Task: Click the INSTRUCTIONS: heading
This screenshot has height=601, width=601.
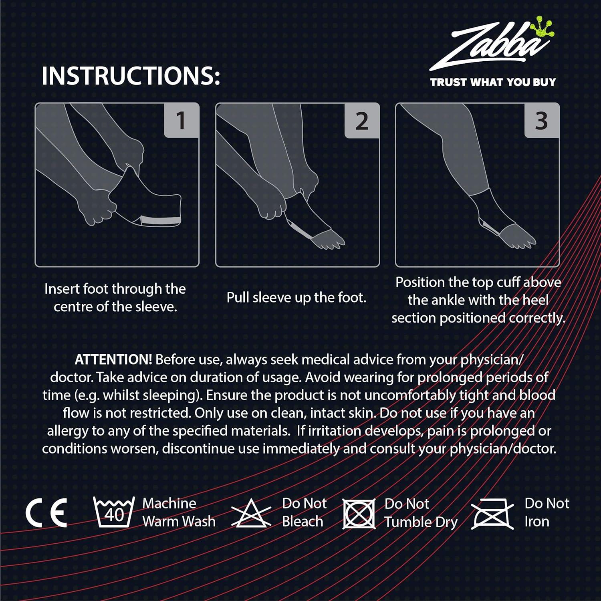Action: tap(131, 75)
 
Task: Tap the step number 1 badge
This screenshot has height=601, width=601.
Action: tap(181, 120)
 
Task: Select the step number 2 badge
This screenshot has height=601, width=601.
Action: tap(361, 120)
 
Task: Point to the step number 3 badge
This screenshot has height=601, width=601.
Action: tap(541, 120)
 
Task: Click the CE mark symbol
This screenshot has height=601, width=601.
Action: tap(46, 513)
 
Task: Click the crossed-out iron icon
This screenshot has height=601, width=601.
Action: tap(492, 514)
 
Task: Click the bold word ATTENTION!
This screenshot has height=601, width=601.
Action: tap(113, 359)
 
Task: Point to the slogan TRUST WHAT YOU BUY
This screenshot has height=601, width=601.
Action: tap(493, 82)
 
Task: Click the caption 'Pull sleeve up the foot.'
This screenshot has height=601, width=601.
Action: tap(296, 298)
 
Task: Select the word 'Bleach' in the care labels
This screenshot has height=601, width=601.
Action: tap(303, 522)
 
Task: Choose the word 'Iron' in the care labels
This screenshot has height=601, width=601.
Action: tap(537, 522)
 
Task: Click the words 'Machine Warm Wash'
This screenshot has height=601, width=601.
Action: tap(178, 512)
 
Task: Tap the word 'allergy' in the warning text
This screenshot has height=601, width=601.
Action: tap(68, 431)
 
